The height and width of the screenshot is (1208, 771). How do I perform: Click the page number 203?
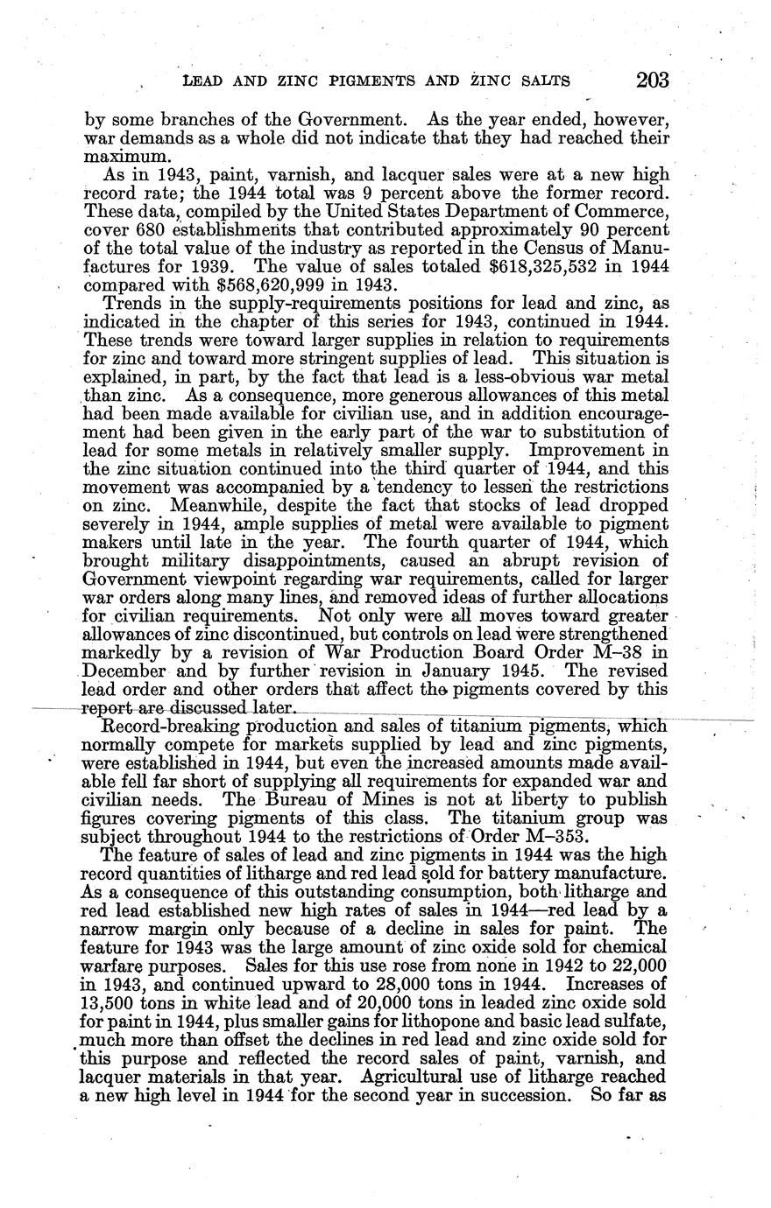(x=653, y=81)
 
